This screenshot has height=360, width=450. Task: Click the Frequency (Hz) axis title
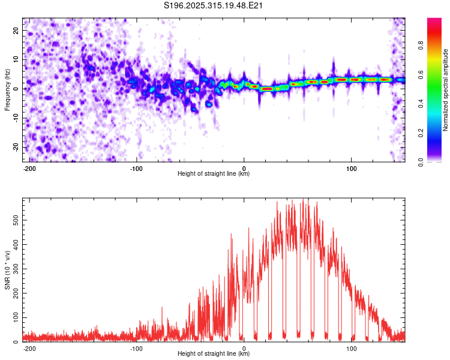(x=7, y=89)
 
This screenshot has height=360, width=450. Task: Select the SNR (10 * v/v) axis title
(x=7, y=269)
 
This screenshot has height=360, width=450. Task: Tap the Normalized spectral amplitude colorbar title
(x=446, y=90)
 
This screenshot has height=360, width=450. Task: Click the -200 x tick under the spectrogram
(x=29, y=167)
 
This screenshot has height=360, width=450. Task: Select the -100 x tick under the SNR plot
(x=137, y=347)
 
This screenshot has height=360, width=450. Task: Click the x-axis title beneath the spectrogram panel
(x=214, y=174)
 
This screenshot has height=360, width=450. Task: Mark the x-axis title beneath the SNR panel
(x=214, y=354)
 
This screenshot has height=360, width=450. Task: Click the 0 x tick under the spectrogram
(x=244, y=167)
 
